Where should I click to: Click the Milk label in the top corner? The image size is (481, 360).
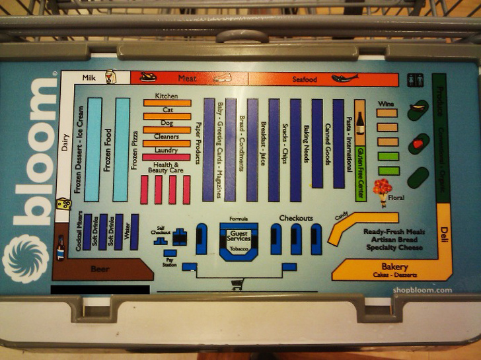89,78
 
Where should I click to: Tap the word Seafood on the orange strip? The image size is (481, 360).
305,80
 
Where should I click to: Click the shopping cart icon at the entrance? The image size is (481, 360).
237,285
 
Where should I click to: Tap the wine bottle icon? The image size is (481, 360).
360,124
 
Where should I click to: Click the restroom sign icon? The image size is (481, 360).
415,79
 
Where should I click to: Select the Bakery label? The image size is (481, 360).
394,266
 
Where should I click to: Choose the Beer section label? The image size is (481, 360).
100,268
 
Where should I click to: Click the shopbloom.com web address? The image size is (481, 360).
422,289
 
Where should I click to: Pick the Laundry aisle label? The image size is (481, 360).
166,151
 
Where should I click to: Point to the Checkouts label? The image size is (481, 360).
295,218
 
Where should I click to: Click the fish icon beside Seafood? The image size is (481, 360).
344,79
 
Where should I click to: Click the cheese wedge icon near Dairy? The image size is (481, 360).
64,205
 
